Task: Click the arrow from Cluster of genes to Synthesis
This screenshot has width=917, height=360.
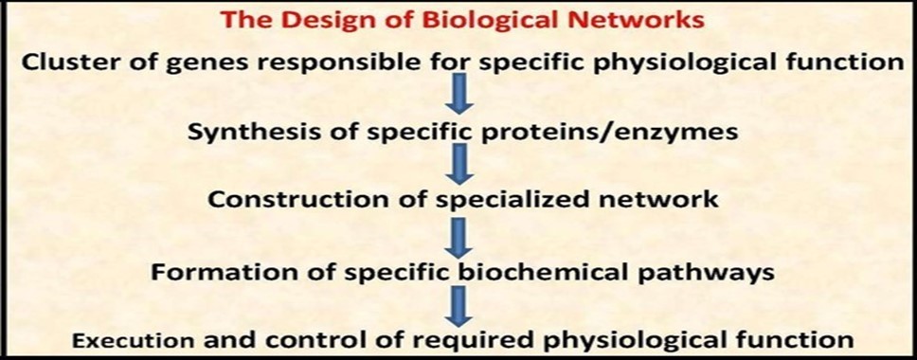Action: click(459, 98)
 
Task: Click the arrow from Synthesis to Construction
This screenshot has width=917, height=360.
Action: click(459, 166)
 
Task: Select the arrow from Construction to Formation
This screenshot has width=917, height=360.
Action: click(459, 236)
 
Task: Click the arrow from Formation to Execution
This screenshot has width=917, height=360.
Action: click(459, 305)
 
